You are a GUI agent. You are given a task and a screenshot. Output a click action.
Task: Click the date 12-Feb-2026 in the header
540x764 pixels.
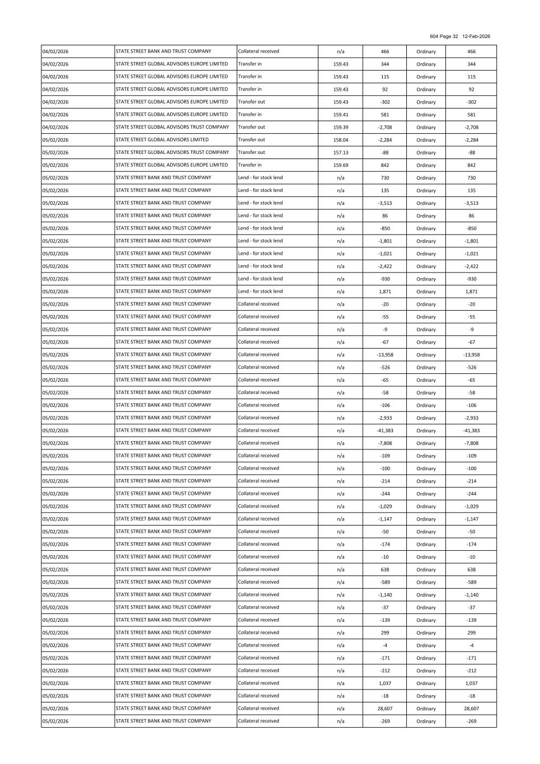tap(476, 36)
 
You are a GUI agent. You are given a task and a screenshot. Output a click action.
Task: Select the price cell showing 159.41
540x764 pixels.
tap(340, 115)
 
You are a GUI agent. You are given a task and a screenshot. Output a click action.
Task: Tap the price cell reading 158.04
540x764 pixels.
tap(340, 140)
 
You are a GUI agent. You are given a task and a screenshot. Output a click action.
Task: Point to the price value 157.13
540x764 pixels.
tap(340, 153)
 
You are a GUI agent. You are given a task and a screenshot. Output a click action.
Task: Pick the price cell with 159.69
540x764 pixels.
tap(340, 165)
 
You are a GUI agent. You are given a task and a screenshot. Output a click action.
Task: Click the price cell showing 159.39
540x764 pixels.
tap(340, 128)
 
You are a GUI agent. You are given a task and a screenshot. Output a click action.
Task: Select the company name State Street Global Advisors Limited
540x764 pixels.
tap(162, 140)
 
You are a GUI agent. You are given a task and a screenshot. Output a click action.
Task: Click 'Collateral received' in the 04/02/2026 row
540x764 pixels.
tap(259, 51)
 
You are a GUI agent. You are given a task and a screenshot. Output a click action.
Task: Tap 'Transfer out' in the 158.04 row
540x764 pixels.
tap(252, 140)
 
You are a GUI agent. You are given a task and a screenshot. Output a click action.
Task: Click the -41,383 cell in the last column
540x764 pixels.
tap(471, 431)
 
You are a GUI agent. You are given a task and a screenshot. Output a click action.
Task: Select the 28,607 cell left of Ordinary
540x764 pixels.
tap(385, 709)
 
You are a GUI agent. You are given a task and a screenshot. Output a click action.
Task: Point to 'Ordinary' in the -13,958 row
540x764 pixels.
tap(426, 355)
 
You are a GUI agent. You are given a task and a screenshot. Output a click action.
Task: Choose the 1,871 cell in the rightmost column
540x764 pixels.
tap(471, 292)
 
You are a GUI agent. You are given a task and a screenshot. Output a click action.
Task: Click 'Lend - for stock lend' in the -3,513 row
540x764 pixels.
tap(260, 203)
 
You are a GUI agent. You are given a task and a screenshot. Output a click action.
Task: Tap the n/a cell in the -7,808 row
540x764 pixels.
tap(340, 443)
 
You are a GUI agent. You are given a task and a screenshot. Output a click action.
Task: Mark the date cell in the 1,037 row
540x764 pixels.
tap(55, 683)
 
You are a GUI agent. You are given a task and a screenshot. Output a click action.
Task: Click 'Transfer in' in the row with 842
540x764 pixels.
tap(250, 165)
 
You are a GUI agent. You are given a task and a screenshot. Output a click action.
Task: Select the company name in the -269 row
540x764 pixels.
tap(163, 721)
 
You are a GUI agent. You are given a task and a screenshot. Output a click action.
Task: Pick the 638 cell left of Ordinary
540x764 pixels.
tap(385, 570)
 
